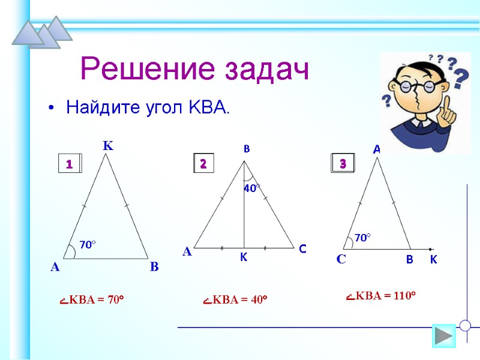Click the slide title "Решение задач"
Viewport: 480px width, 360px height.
[195, 70]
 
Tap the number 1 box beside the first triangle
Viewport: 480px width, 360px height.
[69, 164]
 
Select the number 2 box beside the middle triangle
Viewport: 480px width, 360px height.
[203, 163]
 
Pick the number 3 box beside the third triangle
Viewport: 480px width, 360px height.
[343, 163]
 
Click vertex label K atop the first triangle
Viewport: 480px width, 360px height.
[108, 145]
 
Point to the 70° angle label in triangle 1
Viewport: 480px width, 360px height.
[88, 244]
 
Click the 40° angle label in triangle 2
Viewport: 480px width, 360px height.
[251, 188]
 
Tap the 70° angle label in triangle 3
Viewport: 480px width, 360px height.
[362, 238]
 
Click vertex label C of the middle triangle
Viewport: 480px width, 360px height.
[302, 248]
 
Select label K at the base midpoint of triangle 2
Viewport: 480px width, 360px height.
[244, 257]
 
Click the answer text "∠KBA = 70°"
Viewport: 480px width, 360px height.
[92, 299]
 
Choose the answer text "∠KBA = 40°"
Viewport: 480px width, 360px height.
[235, 299]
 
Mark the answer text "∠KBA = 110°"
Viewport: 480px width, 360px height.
[381, 295]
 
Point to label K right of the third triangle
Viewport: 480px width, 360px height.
[433, 260]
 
